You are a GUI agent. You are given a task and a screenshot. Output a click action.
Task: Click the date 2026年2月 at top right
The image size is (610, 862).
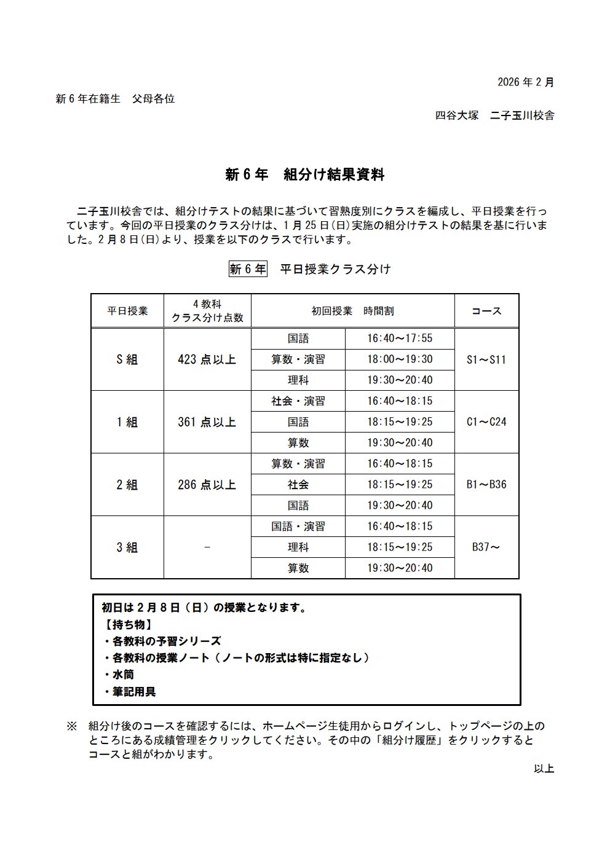(x=525, y=82)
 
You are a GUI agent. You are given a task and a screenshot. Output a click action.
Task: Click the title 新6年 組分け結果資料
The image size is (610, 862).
(x=305, y=174)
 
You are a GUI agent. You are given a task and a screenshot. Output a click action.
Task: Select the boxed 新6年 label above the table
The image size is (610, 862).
(x=248, y=269)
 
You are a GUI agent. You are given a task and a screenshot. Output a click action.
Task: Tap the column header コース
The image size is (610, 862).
(x=486, y=311)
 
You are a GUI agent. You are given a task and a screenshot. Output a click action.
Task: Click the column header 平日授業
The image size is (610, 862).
(x=127, y=311)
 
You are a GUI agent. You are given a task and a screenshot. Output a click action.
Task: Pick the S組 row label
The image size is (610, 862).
(x=127, y=359)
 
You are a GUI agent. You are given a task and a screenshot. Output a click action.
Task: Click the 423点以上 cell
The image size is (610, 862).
(x=207, y=359)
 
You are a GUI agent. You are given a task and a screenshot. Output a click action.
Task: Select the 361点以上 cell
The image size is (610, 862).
(x=207, y=422)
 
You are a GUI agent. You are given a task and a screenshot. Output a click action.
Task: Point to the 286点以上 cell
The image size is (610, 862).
(x=207, y=485)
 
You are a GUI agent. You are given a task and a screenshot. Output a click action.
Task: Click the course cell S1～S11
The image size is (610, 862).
(x=486, y=359)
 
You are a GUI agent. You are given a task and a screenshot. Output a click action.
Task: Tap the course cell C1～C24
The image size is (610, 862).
(x=486, y=422)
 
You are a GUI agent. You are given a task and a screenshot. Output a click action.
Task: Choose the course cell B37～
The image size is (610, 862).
(x=486, y=547)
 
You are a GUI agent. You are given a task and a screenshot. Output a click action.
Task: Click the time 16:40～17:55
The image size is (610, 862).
(x=400, y=339)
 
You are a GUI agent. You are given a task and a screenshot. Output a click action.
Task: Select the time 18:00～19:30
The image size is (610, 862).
(x=400, y=359)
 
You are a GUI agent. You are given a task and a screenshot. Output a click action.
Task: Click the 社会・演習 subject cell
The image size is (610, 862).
(x=298, y=401)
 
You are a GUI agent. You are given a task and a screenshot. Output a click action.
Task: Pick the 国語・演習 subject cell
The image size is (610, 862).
(x=298, y=527)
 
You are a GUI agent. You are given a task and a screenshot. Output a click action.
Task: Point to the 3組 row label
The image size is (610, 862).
(x=127, y=547)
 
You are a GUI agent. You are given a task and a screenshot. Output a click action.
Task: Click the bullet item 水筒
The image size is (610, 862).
(x=123, y=675)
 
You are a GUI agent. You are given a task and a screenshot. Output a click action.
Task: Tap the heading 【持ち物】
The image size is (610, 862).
(x=127, y=625)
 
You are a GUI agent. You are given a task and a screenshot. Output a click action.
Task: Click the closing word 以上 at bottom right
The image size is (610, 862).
(x=544, y=769)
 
